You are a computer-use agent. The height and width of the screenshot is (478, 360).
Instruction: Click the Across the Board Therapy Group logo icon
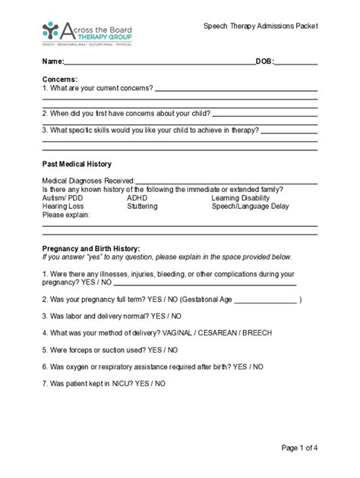click(x=52, y=31)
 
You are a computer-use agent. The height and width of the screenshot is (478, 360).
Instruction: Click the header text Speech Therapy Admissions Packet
click(x=261, y=26)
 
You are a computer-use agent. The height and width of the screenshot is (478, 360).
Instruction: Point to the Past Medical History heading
click(x=77, y=164)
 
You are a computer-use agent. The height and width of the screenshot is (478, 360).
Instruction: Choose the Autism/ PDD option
click(x=63, y=197)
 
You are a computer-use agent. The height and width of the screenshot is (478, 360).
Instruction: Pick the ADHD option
click(x=137, y=197)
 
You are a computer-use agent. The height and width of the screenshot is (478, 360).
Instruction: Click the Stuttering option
click(x=142, y=206)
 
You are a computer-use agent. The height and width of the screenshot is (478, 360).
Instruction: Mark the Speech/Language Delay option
click(x=251, y=206)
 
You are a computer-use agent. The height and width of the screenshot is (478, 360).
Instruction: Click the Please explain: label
click(x=66, y=215)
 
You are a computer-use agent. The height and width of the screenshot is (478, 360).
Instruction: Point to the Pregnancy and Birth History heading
click(x=91, y=248)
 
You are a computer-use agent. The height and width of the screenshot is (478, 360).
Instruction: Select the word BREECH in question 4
click(x=258, y=333)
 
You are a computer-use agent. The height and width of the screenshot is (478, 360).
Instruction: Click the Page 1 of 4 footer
click(x=299, y=448)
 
